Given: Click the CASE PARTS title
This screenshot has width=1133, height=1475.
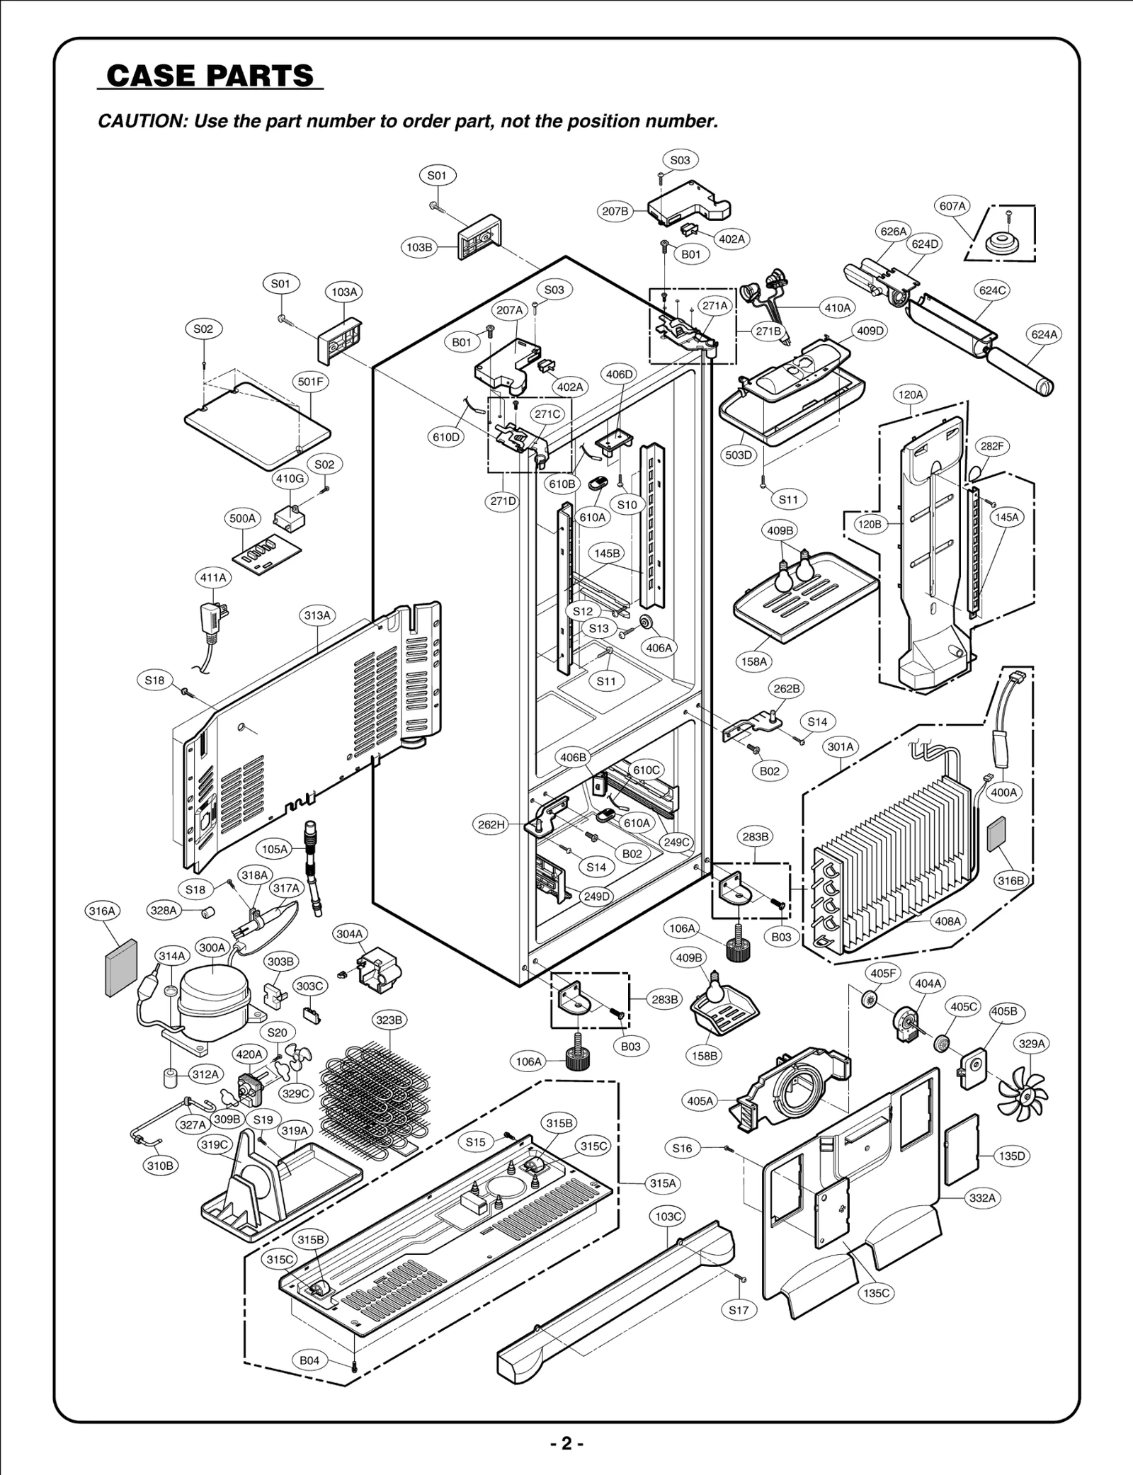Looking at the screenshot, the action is tap(210, 76).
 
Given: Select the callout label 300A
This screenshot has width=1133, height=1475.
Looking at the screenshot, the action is tap(212, 947).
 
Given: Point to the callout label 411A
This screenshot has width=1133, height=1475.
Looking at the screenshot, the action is tap(212, 578).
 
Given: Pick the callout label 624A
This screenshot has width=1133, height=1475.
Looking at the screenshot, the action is tap(1044, 335).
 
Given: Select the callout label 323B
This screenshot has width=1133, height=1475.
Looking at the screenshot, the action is tap(389, 1020).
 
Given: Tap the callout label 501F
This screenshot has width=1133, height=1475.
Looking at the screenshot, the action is tap(310, 382).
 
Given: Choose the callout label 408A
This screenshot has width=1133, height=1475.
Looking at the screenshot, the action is tap(947, 921).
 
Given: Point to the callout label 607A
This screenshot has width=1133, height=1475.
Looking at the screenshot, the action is tap(952, 206).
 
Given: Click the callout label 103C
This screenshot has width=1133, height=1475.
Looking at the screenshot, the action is tap(668, 1217).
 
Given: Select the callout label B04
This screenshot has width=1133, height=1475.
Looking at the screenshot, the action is tap(309, 1380).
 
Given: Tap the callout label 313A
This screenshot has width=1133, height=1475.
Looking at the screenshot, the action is tap(317, 616).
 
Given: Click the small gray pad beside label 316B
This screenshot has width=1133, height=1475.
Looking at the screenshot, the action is tap(996, 833).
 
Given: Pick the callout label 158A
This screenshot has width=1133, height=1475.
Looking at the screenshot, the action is tap(754, 661).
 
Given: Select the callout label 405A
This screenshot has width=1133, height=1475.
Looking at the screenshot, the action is tap(700, 1101).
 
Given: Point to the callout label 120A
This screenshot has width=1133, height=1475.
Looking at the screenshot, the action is tap(911, 394).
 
